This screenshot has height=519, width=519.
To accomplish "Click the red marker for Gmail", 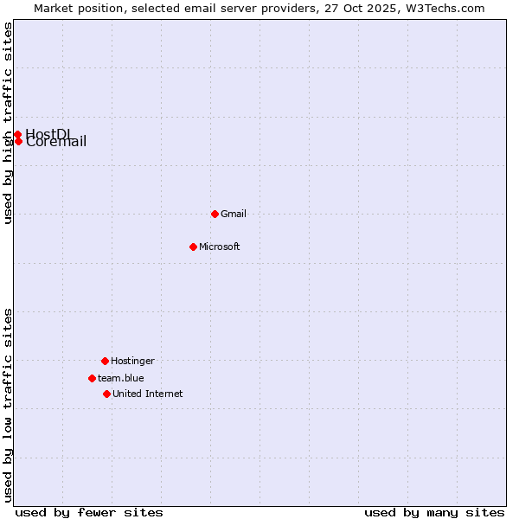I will click(x=215, y=214).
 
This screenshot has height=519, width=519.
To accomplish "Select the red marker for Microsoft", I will click(x=193, y=247).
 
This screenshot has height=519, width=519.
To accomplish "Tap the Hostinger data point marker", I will click(x=105, y=361).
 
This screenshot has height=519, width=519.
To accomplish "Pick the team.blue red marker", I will click(x=92, y=378).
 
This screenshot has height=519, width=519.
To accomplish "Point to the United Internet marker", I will click(x=106, y=394).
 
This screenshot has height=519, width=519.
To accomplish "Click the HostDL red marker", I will click(x=17, y=134).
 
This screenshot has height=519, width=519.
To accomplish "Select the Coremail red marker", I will click(x=18, y=141).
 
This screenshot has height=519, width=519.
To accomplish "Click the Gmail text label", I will click(x=234, y=214).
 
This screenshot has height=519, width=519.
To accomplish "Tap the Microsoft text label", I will click(x=220, y=247).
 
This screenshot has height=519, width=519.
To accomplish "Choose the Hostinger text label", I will click(x=132, y=361).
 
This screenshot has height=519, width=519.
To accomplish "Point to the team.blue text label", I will click(x=121, y=378).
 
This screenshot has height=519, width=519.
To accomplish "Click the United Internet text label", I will click(x=148, y=394).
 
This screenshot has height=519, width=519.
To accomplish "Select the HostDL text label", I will click(x=48, y=133).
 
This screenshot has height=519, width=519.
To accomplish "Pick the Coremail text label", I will click(x=57, y=143).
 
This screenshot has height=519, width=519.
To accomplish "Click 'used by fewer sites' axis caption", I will click(x=89, y=512).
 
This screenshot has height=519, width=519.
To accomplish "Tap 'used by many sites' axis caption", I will click(x=434, y=512).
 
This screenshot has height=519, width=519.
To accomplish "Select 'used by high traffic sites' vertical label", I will click(x=8, y=123).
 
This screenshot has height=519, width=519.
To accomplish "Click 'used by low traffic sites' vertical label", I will click(x=8, y=405).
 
